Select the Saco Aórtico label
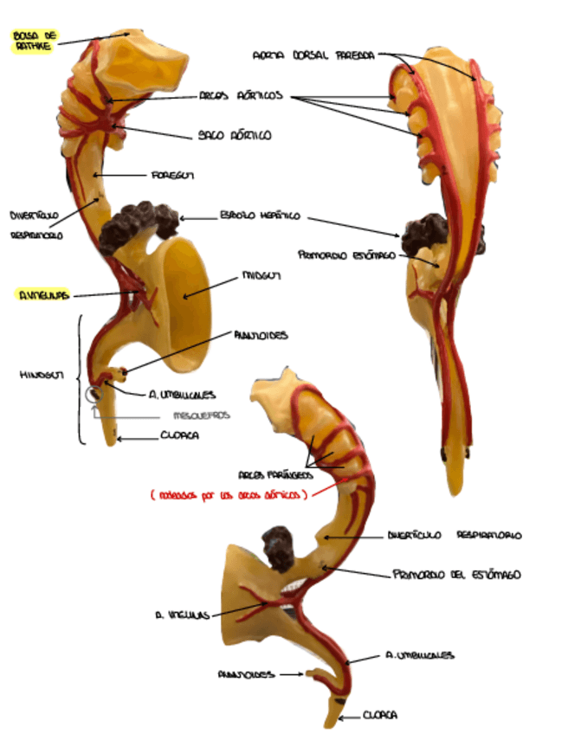(x=235, y=136)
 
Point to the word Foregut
(x=172, y=175)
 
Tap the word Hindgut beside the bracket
(x=39, y=376)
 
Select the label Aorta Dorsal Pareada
(x=313, y=55)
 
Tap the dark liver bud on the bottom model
(x=280, y=547)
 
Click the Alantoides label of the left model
(x=260, y=335)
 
